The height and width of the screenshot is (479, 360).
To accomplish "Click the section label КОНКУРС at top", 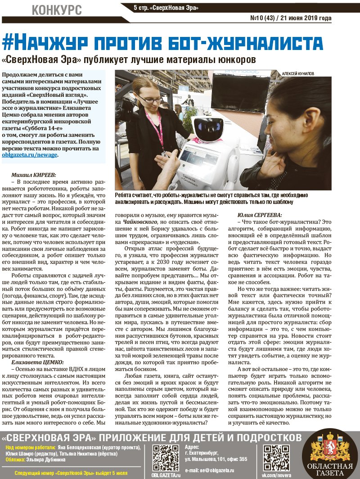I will click(x=57, y=9).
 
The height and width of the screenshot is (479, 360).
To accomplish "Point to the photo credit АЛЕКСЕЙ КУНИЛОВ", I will click(x=298, y=73).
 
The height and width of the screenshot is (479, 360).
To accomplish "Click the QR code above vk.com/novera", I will click(x=276, y=458).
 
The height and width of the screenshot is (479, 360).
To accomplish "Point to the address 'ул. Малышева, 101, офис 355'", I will click(x=216, y=459).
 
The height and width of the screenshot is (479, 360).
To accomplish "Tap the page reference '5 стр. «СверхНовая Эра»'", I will click(x=166, y=8).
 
